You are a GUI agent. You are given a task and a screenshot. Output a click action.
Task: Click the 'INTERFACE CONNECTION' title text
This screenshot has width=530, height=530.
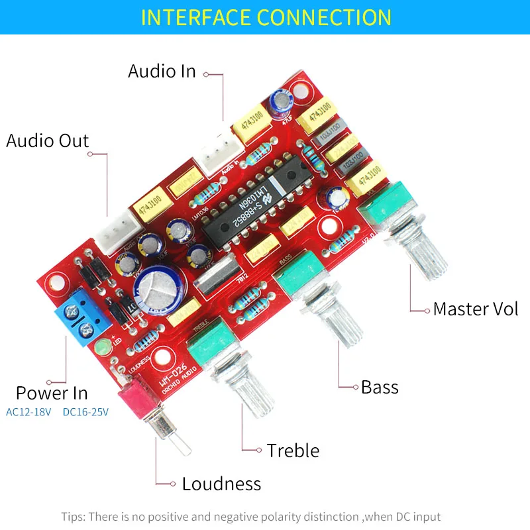[266, 17]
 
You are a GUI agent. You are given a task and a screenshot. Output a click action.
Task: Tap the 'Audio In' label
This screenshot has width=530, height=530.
[162, 71]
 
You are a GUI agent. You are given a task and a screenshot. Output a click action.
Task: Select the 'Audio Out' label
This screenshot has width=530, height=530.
[47, 140]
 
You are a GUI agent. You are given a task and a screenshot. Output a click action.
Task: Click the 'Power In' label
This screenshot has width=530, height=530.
[52, 393]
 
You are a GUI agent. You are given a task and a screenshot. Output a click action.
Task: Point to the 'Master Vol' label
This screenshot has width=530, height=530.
[476, 309]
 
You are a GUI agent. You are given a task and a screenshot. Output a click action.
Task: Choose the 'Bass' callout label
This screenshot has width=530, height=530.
[380, 387]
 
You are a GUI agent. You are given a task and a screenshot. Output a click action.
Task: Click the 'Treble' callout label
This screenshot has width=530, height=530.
[293, 450]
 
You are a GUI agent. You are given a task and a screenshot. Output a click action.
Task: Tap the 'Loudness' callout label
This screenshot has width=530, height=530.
[221, 484]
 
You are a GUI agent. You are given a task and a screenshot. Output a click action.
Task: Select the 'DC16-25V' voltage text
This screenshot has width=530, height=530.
[85, 412]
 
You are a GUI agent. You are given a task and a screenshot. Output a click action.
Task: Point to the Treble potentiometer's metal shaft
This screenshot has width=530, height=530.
[236, 394]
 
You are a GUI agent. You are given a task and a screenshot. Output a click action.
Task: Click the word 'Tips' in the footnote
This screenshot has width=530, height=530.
[74, 516]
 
